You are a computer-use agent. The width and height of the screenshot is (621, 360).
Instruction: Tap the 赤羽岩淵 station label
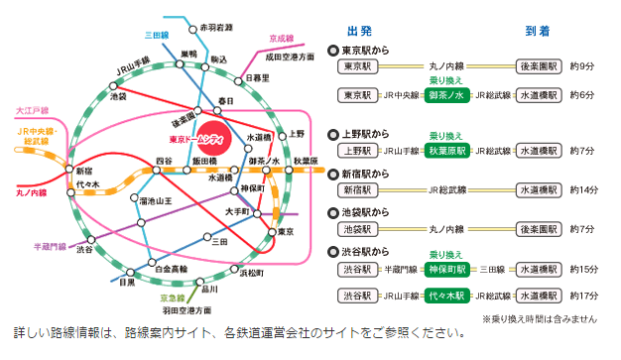pyautogui.click(x=217, y=27)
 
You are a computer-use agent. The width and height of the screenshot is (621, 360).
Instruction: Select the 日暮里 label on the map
pyautogui.click(x=256, y=77)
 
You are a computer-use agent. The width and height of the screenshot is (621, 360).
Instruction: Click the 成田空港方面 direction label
pyautogui.click(x=288, y=59)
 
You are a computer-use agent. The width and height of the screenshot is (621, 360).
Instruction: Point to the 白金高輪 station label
pyautogui.click(x=171, y=269)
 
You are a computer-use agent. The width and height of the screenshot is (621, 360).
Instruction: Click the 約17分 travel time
pyautogui.click(x=586, y=296)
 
